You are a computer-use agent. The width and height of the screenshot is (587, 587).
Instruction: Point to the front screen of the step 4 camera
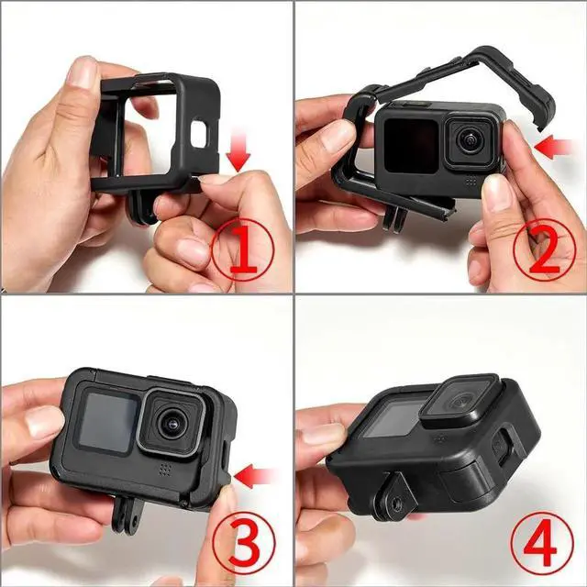(404, 418)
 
